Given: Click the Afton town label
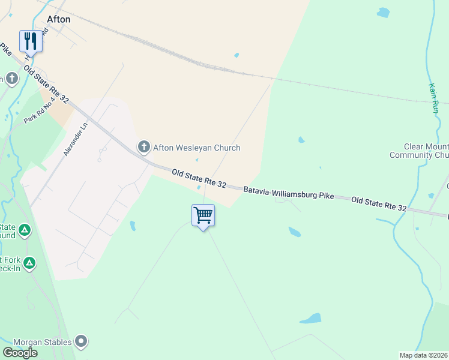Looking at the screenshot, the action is (x=58, y=19).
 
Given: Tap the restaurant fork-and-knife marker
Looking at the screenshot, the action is (x=31, y=40).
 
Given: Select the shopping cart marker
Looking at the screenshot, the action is (x=203, y=215).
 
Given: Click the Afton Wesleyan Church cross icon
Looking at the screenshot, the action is (x=143, y=146).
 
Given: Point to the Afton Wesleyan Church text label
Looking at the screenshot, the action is (x=197, y=148).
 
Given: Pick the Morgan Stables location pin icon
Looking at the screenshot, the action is (x=81, y=342).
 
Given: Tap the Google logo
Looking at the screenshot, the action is (x=20, y=353).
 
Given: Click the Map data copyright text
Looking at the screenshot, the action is (x=423, y=355).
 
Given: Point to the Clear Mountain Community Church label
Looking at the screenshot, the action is (x=427, y=151).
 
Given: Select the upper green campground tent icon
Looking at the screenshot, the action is (x=24, y=229).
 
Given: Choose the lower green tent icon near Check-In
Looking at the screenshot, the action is (x=29, y=263).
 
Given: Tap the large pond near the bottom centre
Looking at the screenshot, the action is (x=310, y=319).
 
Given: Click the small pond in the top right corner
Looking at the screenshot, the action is (x=383, y=12).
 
